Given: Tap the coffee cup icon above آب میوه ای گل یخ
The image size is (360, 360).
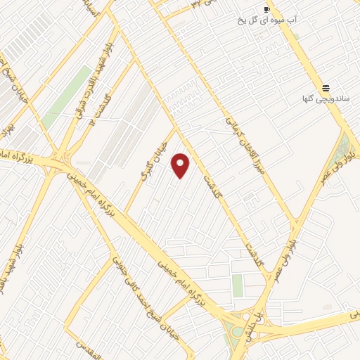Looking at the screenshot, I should pyautogui.click(x=266, y=9).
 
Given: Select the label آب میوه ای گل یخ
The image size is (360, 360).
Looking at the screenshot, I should pyautogui.click(x=268, y=20).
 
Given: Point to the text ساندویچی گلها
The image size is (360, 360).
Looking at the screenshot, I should pyautogui.click(x=327, y=99).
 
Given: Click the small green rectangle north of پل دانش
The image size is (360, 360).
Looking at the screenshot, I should pyautogui.click(x=237, y=285).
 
